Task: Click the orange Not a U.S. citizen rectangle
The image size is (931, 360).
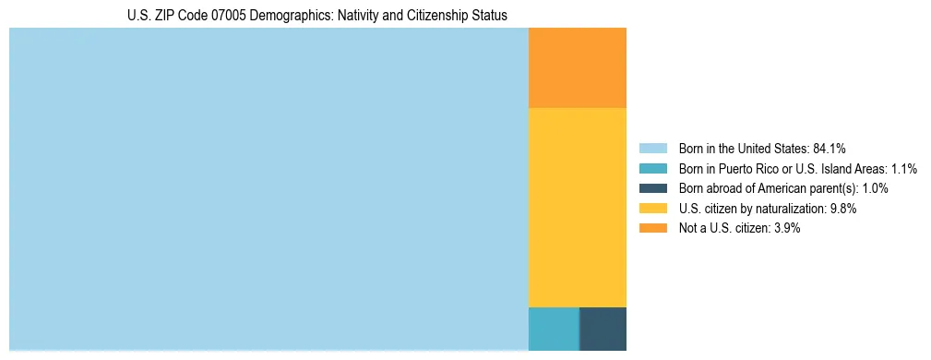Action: pos(577,68)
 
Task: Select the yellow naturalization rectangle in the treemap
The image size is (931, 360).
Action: pos(577,207)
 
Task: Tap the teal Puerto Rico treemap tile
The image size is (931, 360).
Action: pos(553,329)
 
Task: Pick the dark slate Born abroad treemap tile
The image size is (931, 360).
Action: pos(603,329)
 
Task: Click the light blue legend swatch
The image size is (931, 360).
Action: pos(652,149)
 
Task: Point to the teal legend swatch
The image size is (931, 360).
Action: pos(652,169)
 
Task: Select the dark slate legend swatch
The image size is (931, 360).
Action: pos(652,188)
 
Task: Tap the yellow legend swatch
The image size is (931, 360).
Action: pos(652,209)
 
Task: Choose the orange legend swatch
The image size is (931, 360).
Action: pos(652,228)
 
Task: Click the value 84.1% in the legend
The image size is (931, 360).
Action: pos(830,149)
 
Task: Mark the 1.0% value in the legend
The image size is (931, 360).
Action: pos(875,188)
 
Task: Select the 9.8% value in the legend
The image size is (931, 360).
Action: pos(843,209)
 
